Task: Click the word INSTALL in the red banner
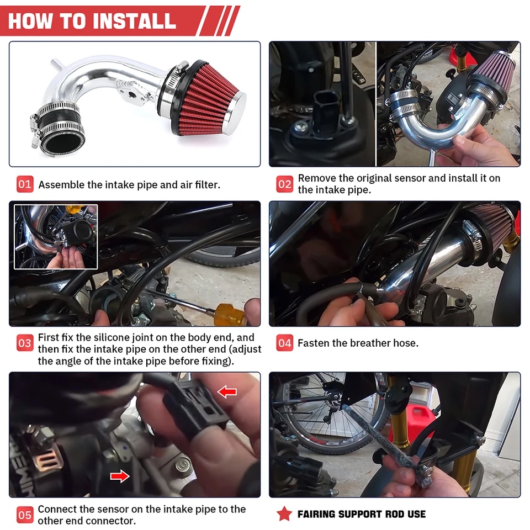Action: pyautogui.click(x=134, y=21)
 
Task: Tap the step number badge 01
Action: pyautogui.click(x=25, y=184)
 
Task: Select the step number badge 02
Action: pyautogui.click(x=285, y=184)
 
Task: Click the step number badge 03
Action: pyautogui.click(x=25, y=343)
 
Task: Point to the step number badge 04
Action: pyautogui.click(x=285, y=343)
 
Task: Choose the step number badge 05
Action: pyautogui.click(x=25, y=515)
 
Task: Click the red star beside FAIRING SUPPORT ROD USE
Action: pyautogui.click(x=284, y=514)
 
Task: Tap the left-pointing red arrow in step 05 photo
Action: pyautogui.click(x=227, y=392)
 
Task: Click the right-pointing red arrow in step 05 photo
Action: pyautogui.click(x=120, y=476)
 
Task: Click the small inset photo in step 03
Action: pyautogui.click(x=56, y=237)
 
